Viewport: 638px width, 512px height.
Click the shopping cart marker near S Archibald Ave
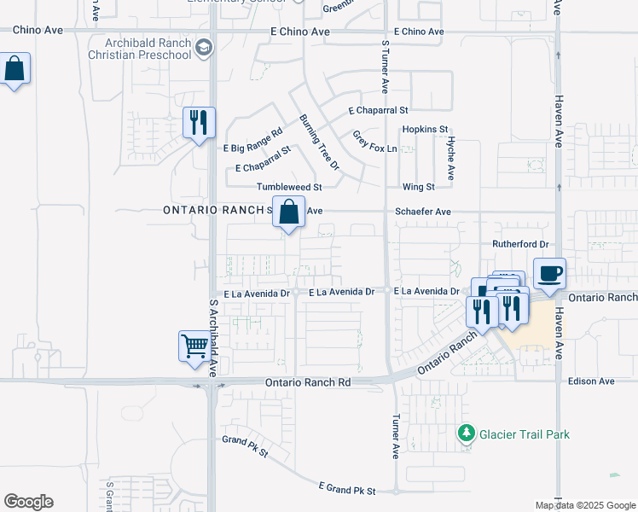tap(195, 346)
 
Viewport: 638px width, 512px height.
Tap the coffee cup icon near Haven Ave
tap(549, 274)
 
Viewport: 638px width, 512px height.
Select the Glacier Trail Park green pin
tap(466, 434)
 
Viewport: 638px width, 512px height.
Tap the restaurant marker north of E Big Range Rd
tap(200, 122)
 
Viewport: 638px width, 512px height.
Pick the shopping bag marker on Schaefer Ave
tap(289, 211)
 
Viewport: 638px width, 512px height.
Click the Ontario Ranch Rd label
tap(308, 383)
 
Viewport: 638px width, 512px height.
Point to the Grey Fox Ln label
tap(375, 141)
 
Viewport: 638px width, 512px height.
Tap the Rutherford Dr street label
tap(518, 244)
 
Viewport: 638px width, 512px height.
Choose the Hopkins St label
tap(426, 129)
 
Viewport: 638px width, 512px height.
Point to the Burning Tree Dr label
tap(319, 142)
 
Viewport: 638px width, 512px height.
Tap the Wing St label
tap(419, 187)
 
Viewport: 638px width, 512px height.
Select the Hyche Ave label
tap(451, 160)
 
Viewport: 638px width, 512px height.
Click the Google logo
tap(28, 502)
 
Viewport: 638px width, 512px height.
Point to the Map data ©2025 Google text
tap(584, 505)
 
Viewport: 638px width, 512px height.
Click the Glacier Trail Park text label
tap(523, 434)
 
